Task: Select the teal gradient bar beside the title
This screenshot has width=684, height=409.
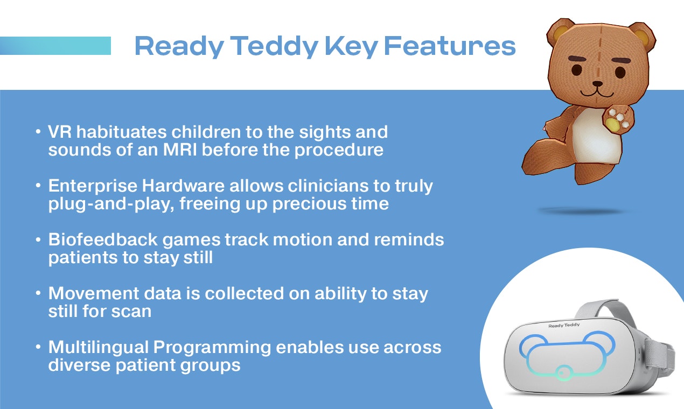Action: [x=55, y=46]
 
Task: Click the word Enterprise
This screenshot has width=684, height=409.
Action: [x=92, y=186]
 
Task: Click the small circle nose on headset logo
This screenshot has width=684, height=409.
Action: [x=564, y=372]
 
